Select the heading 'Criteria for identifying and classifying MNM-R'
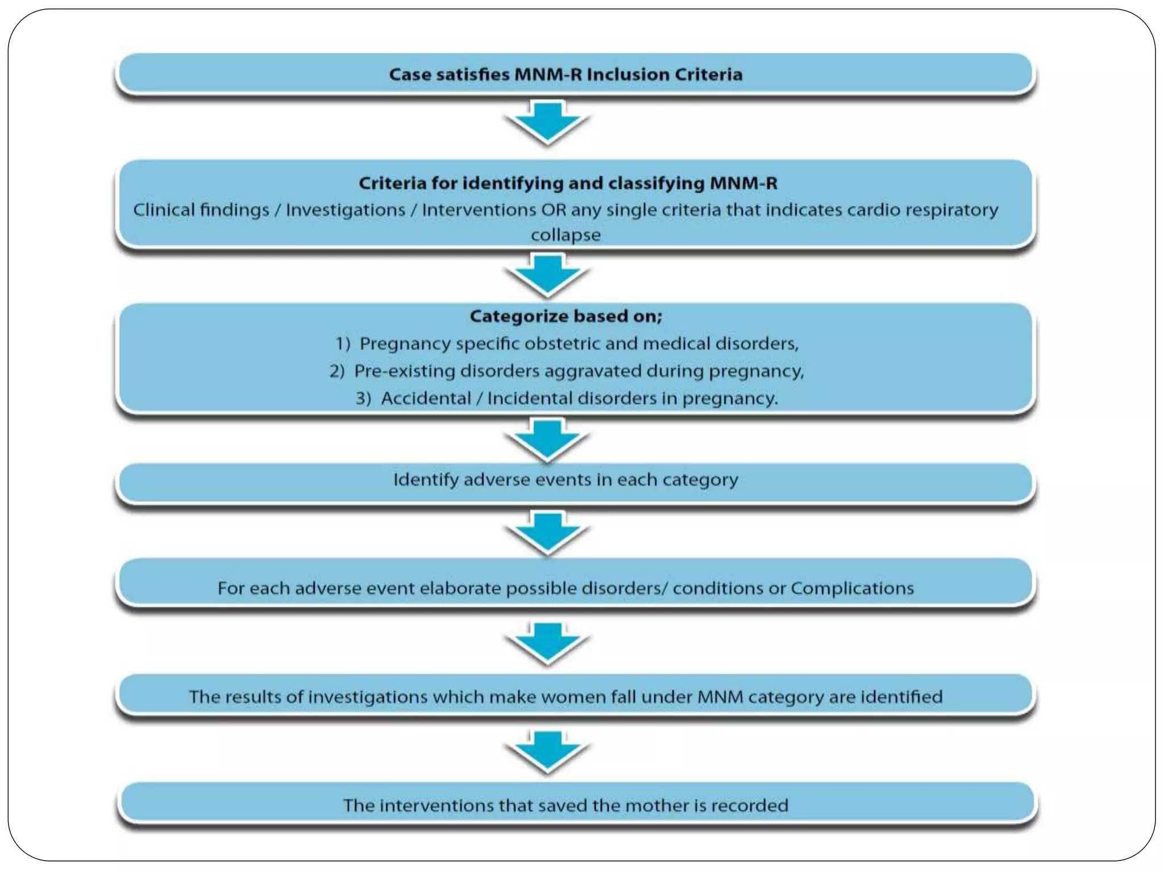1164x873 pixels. coord(568,183)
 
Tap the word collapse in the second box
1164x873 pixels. coord(566,235)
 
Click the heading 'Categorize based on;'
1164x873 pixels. coord(566,316)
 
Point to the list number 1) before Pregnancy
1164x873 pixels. coord(343,343)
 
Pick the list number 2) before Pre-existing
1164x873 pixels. coord(337,371)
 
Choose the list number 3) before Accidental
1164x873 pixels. coord(364,398)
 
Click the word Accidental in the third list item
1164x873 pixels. coord(426,398)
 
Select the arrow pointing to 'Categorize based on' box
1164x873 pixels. coord(548,275)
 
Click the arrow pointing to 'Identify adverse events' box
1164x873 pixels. coord(548,439)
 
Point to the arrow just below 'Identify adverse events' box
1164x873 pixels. coord(548,531)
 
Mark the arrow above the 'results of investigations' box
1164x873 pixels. coord(548,642)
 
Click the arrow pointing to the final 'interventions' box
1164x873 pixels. coord(548,751)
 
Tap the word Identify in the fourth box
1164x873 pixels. coord(426,480)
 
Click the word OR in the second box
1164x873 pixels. coord(554,210)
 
